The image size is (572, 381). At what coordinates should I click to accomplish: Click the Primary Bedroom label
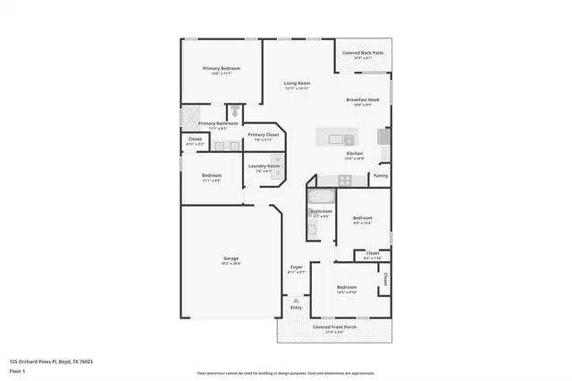[x=221, y=69]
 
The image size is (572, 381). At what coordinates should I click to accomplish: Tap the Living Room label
[x=297, y=83]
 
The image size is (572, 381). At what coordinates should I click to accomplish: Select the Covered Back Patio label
[x=363, y=54]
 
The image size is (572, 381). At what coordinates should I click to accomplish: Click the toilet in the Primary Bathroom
[x=233, y=112]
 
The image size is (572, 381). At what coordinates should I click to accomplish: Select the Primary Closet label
[x=263, y=135]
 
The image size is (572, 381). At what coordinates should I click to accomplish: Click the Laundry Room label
[x=264, y=165]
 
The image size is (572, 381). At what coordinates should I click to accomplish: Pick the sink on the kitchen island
[x=338, y=139]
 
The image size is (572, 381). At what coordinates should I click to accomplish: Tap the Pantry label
[x=380, y=176]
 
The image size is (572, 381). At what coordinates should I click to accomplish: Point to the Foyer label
[x=297, y=267]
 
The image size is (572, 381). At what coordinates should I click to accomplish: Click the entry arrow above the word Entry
[x=296, y=300]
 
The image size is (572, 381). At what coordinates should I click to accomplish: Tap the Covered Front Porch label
[x=334, y=327]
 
